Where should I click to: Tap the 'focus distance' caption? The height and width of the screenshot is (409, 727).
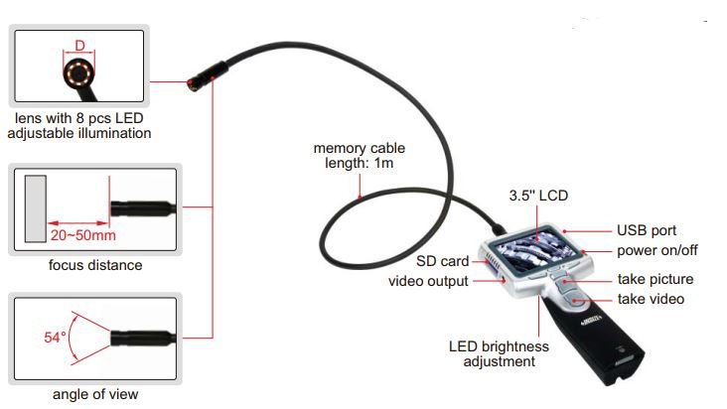point(95,265)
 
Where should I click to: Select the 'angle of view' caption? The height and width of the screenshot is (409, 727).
point(95,394)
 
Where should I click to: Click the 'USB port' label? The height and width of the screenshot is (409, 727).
point(647,230)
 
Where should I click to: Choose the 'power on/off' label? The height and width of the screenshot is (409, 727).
point(656,249)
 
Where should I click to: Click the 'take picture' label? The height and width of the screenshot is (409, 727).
point(655,279)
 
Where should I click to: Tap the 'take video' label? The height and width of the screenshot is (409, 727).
point(651,298)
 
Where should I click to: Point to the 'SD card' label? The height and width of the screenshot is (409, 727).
point(442,262)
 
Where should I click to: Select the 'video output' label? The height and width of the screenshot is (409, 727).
point(429,281)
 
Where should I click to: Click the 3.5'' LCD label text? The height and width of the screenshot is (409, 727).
point(537,195)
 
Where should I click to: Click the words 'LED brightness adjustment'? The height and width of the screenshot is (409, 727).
point(499,353)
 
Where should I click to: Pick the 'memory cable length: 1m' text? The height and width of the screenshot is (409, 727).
point(359,156)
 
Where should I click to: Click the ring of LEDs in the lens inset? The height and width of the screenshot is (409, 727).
point(77,75)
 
